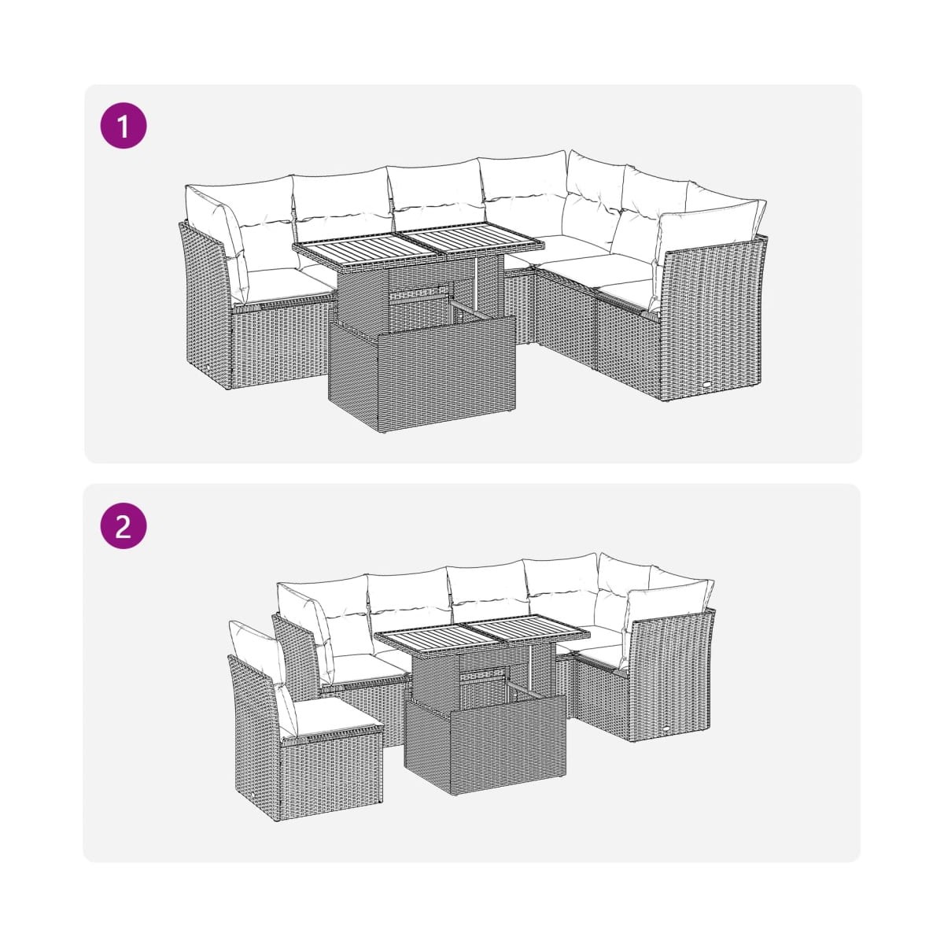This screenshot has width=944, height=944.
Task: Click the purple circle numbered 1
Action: pyautogui.click(x=124, y=125)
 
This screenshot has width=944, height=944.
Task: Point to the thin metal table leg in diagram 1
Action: pyautogui.click(x=476, y=284)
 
